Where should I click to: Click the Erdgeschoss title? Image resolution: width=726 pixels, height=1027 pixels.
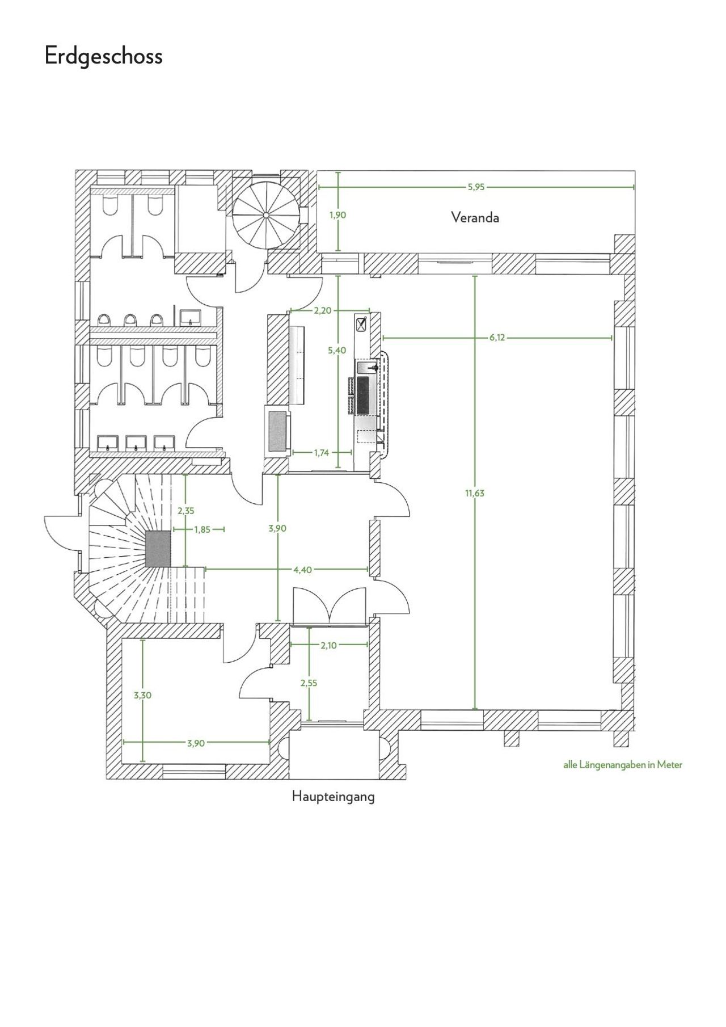(104, 57)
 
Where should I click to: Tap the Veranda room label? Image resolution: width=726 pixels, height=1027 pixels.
(475, 217)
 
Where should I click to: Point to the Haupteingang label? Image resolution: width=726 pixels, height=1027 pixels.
(334, 797)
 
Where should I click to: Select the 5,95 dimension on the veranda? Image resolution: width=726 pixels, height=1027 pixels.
(476, 187)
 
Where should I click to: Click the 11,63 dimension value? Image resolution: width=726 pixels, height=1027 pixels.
(475, 493)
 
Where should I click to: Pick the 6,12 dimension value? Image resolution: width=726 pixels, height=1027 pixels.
(497, 338)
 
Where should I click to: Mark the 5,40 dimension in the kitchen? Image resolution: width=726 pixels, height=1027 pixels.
(337, 351)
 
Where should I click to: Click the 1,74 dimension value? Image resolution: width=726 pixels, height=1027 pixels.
(322, 453)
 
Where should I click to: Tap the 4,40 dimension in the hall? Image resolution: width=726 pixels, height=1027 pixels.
(302, 570)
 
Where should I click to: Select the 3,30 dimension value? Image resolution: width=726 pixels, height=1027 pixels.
(142, 695)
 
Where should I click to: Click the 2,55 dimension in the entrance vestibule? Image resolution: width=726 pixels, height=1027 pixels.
(309, 683)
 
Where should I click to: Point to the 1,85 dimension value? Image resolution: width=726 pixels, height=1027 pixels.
(202, 529)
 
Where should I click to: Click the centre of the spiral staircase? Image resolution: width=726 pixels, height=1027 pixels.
(265, 216)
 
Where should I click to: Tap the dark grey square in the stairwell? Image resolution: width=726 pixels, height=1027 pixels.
(158, 549)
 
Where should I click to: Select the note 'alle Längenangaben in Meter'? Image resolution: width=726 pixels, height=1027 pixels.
(623, 765)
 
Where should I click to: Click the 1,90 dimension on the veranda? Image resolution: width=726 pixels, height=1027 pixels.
(337, 215)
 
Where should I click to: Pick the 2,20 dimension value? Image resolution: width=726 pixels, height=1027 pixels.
(322, 310)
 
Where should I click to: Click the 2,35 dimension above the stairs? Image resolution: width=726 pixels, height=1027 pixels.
(186, 511)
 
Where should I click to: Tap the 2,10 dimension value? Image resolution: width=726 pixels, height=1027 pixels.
(328, 645)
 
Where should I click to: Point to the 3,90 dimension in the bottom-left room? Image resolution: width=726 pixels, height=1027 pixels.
(196, 743)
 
